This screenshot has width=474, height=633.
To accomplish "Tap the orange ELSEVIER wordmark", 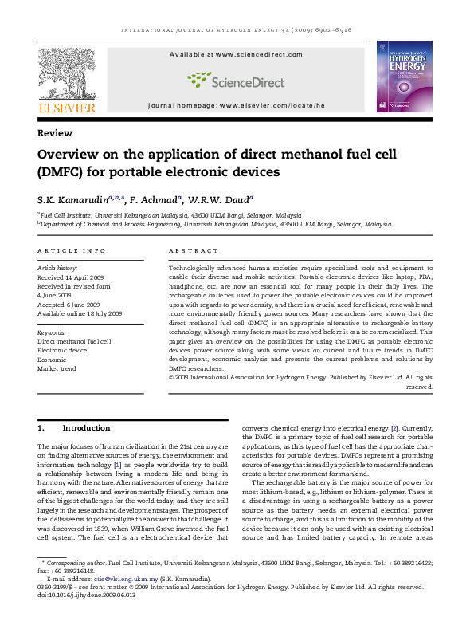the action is coord(67,108).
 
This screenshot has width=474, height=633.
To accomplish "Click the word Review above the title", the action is coord(55,133).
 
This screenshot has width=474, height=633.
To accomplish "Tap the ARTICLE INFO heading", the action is coord(72,250).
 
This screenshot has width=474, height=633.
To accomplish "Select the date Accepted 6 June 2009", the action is coord(72,305).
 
